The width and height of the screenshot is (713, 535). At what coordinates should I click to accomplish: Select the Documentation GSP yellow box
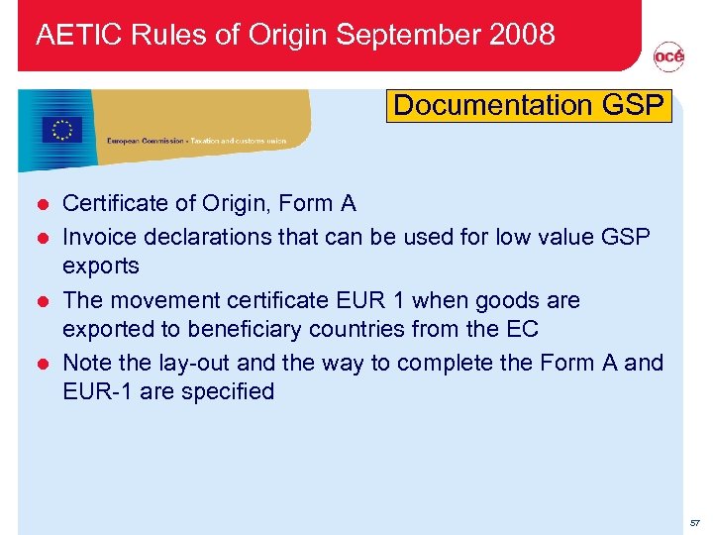pos(529,105)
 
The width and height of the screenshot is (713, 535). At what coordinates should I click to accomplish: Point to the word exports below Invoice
pos(101,266)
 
